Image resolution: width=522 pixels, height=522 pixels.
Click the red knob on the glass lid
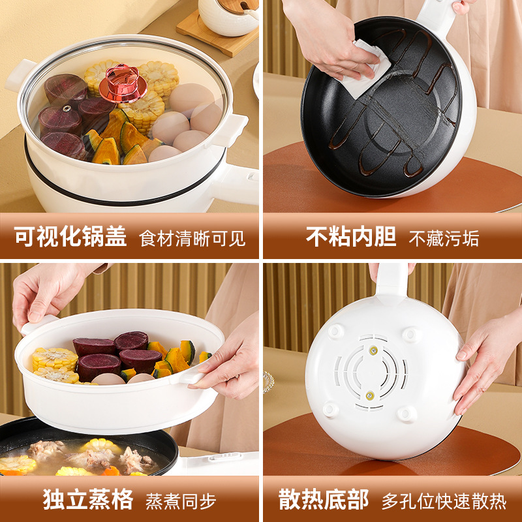(123, 83)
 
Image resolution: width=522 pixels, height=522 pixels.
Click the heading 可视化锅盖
(70, 237)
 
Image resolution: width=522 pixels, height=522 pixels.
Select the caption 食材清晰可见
(192, 238)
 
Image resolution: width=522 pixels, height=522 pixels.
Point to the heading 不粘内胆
(351, 237)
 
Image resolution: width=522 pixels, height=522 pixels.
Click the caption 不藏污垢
(444, 238)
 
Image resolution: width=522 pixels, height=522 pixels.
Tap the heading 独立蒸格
(88, 499)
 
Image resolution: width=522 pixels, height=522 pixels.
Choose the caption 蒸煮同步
(181, 501)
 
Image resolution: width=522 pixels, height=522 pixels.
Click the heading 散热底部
(324, 499)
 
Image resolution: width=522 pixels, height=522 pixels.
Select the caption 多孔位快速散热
(444, 501)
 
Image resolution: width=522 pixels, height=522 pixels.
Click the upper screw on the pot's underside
(373, 350)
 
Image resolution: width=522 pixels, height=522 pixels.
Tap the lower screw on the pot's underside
(369, 395)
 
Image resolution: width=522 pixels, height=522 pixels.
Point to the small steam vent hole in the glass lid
(68, 108)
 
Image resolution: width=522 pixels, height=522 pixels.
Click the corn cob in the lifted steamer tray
(55, 359)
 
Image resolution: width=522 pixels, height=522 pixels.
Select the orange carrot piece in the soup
(111, 470)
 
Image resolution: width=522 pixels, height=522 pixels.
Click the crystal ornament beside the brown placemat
(269, 382)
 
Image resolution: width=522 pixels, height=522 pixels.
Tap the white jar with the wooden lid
(229, 17)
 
